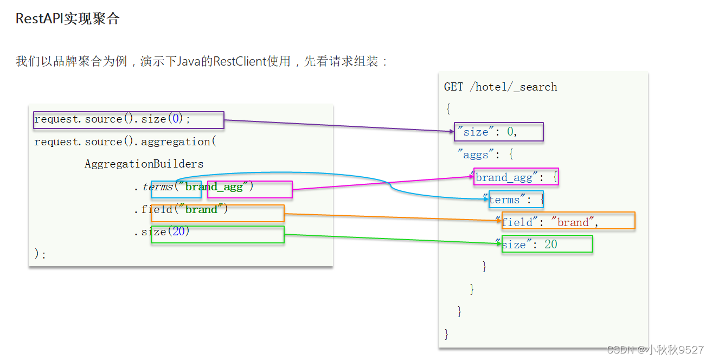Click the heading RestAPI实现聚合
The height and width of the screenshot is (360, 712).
(x=67, y=19)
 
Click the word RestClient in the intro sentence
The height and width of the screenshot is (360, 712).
(x=239, y=61)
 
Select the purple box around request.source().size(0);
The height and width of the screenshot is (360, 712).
(x=129, y=120)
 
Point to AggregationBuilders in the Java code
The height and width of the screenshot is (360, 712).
(x=144, y=164)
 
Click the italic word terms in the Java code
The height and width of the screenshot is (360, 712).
(x=157, y=187)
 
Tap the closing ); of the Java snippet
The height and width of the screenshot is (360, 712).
(x=40, y=254)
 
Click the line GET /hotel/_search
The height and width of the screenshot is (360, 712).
(x=500, y=87)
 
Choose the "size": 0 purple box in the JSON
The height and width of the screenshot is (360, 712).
(x=498, y=132)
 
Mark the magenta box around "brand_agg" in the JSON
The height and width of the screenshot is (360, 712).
(x=515, y=177)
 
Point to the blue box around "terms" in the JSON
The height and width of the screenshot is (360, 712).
(x=515, y=200)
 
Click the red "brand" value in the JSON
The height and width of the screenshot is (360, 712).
(x=573, y=222)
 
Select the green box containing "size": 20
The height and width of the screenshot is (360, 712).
(x=547, y=244)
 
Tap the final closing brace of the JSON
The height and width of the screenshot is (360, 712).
(x=447, y=333)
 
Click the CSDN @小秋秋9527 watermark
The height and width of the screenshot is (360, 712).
(x=655, y=350)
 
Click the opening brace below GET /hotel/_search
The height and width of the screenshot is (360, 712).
(x=448, y=109)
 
